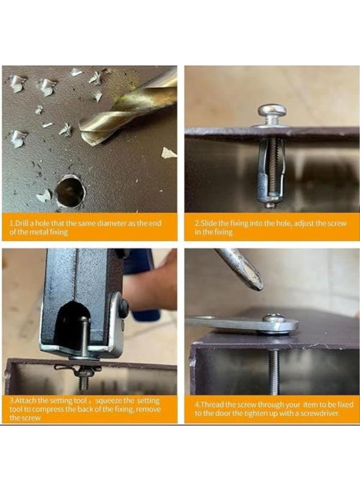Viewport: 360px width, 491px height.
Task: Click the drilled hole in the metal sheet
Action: tap(70, 191)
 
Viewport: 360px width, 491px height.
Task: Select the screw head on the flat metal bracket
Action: tap(275, 319)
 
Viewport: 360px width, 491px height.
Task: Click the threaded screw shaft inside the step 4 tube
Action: tap(273, 372)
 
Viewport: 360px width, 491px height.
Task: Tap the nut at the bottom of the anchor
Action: tap(268, 205)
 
